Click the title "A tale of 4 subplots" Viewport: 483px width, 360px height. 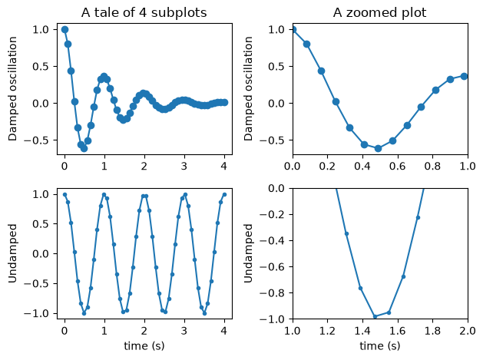(x=144, y=13)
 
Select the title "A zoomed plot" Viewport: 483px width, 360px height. (x=380, y=13)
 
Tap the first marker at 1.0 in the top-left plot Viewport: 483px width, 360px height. (x=65, y=30)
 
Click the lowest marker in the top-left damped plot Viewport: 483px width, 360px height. (x=84, y=149)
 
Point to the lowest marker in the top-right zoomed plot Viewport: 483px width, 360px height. (x=379, y=149)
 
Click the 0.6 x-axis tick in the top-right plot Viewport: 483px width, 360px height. (x=397, y=167)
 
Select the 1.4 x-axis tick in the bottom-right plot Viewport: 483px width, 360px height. (x=362, y=331)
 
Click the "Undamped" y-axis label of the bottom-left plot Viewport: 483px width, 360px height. (x=12, y=253)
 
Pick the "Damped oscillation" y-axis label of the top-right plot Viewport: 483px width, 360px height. (x=248, y=89)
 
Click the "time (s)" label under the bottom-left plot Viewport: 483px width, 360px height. (x=144, y=346)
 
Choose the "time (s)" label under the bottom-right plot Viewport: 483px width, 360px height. (x=380, y=346)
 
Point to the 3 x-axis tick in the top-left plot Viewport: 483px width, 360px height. (x=184, y=167)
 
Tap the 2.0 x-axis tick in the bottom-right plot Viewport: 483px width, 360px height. (x=468, y=331)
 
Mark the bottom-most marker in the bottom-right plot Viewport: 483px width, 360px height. (x=375, y=316)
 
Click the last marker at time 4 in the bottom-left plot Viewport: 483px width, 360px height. (x=224, y=194)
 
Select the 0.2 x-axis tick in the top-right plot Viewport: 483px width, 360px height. (x=327, y=167)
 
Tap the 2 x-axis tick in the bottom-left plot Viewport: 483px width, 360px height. (x=144, y=331)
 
